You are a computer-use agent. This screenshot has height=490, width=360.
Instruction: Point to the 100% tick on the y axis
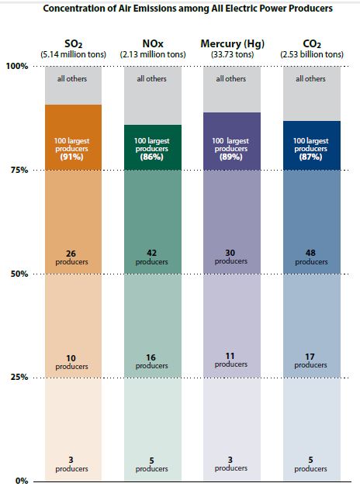coord(17,67)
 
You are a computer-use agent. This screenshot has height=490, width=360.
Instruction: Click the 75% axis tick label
coord(19,171)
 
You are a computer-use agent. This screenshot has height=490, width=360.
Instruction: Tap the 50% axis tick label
coord(19,274)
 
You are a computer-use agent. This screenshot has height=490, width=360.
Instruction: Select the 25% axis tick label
coord(19,378)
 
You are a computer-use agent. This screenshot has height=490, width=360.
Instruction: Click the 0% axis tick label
coord(21,481)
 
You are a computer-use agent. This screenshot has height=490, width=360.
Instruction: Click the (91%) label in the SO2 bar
coord(73,157)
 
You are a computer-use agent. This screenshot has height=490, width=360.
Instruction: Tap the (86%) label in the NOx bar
coord(151,157)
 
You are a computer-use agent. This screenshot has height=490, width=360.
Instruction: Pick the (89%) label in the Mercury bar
coord(230,157)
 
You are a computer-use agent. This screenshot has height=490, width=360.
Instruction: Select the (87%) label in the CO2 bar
coord(310,157)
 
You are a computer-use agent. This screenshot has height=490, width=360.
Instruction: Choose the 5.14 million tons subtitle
coord(73,54)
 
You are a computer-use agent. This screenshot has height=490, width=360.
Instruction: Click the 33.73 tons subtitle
coord(230,54)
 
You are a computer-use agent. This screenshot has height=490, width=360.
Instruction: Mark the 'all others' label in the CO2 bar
coord(310,78)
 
